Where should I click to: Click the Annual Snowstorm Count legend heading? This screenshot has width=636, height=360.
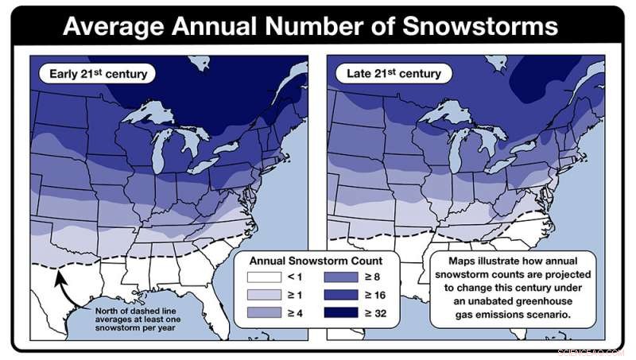[316, 260]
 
